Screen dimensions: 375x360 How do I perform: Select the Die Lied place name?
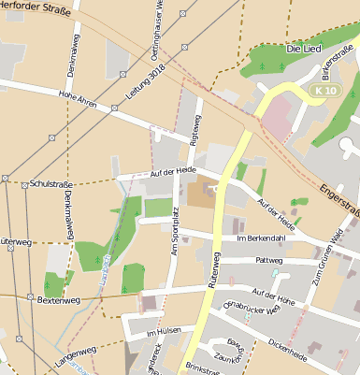303,48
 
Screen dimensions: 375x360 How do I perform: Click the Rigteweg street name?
196,130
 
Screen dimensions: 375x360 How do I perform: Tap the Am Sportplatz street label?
173,237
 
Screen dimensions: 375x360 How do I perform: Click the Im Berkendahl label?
259,238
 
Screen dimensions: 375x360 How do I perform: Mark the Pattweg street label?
268,261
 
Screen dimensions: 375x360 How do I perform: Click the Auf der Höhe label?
272,293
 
